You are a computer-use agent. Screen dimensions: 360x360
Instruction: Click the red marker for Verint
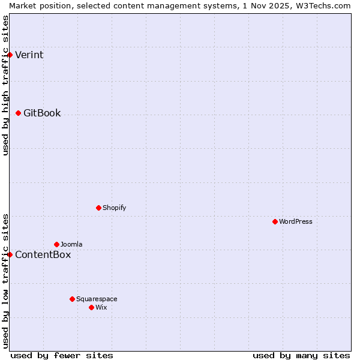click(10, 55)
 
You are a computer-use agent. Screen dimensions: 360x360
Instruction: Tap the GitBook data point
click(18, 113)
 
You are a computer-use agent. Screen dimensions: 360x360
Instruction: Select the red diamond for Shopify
click(98, 208)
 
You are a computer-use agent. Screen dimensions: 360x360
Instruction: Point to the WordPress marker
click(275, 221)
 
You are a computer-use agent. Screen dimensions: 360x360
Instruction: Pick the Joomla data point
click(56, 244)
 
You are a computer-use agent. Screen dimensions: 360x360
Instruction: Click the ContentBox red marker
click(10, 254)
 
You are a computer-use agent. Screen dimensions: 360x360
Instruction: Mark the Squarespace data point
click(72, 299)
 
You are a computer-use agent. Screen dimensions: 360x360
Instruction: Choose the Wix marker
click(91, 307)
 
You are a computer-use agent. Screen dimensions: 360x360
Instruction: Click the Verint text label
click(29, 55)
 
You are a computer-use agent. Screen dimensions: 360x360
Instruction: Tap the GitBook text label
click(42, 113)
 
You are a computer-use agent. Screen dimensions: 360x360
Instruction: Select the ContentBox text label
click(43, 255)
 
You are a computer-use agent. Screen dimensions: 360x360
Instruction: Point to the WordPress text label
click(295, 222)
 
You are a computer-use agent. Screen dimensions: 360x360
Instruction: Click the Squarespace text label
click(97, 299)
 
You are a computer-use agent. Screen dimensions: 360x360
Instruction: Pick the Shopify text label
click(114, 208)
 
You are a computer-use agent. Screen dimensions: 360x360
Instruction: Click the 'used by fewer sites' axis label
click(62, 355)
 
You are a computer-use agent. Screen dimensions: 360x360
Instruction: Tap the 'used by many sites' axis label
click(301, 355)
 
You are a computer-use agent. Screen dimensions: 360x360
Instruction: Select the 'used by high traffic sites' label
click(5, 85)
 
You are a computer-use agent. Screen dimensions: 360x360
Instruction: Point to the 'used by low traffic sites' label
click(5, 281)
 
